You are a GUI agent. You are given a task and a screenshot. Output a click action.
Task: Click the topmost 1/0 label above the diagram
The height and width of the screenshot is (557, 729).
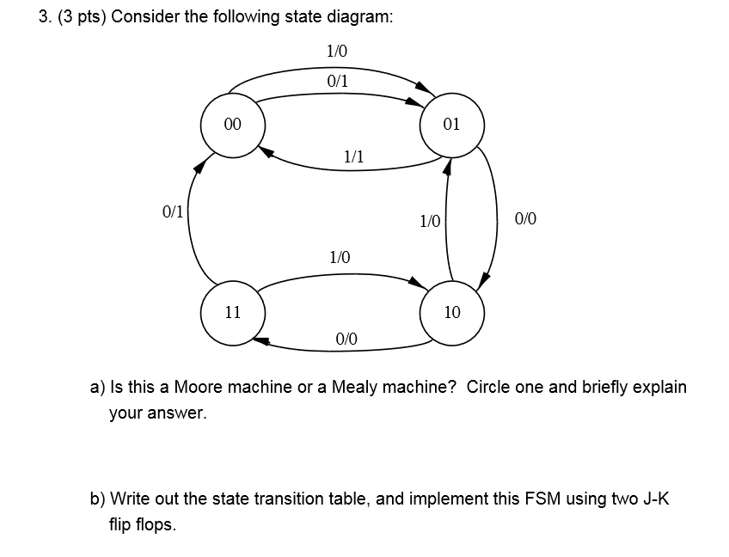(337, 51)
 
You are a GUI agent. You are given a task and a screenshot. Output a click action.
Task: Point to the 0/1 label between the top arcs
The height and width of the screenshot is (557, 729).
(338, 82)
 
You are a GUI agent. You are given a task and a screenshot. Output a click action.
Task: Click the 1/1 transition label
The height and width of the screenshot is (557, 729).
(354, 156)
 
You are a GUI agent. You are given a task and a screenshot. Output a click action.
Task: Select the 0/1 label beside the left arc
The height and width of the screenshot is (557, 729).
(173, 212)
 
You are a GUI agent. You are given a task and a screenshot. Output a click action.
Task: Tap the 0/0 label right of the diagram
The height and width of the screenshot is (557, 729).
(525, 218)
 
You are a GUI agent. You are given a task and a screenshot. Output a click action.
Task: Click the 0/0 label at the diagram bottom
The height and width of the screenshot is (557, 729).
(346, 339)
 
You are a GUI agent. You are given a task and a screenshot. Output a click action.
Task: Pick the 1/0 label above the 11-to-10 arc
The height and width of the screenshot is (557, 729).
(340, 257)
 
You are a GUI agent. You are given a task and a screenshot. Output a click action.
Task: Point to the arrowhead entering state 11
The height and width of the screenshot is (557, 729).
(261, 340)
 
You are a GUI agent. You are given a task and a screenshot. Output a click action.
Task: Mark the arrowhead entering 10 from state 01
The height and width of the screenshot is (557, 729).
(484, 280)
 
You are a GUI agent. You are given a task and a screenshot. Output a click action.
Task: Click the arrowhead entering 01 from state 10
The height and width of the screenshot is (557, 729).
(447, 167)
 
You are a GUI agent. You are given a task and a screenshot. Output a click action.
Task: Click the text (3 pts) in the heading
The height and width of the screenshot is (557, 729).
(82, 17)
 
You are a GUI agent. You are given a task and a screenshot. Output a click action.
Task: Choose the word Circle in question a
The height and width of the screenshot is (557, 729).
(488, 387)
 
